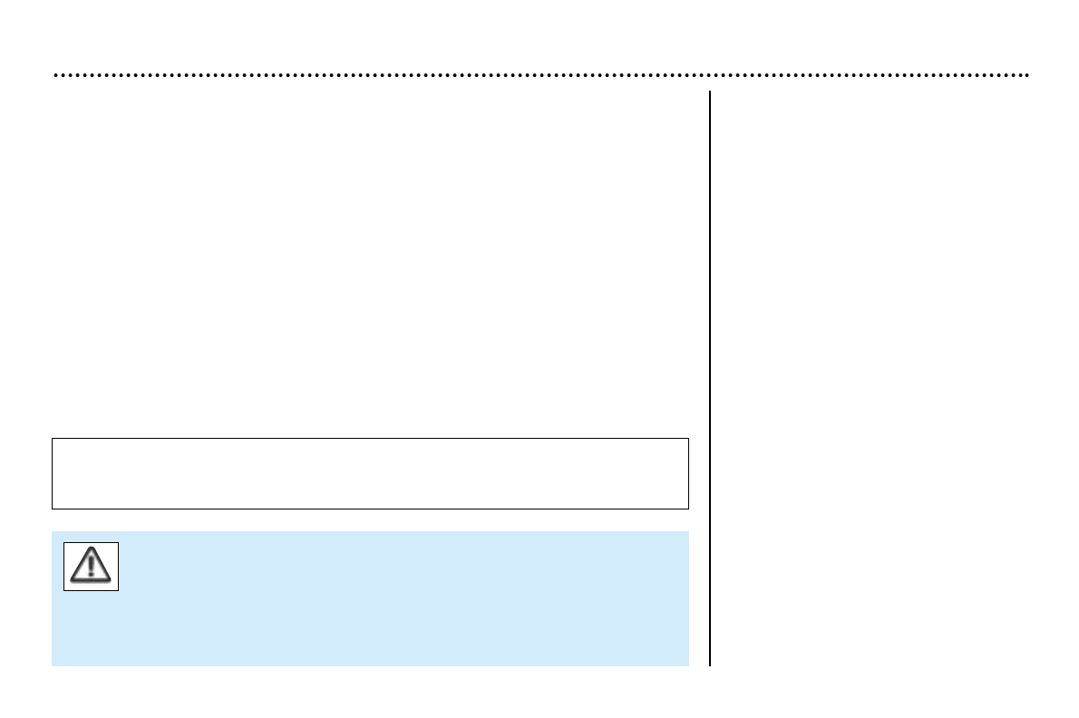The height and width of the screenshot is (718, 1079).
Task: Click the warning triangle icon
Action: coord(91,567)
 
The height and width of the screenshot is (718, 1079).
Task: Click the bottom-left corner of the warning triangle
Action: coord(73,579)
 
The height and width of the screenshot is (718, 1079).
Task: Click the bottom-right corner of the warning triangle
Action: coord(109,579)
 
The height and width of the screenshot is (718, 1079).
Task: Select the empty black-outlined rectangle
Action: coord(370,473)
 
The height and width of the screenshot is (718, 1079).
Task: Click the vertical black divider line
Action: coord(710,381)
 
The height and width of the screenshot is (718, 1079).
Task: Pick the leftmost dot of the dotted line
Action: coord(56,75)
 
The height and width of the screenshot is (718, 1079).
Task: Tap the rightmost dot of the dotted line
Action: coord(1026,75)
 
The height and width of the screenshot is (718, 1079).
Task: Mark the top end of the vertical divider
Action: coord(710,92)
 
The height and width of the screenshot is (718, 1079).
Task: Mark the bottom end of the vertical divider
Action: coord(710,665)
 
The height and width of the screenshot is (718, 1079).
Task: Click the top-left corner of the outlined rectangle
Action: coord(53,439)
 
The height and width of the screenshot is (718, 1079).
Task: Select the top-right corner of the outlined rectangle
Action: coord(688,439)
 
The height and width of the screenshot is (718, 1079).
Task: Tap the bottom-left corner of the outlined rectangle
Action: coord(53,509)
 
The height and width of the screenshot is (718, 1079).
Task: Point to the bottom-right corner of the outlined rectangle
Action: coord(688,509)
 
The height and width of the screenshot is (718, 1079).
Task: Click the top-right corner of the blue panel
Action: coord(688,532)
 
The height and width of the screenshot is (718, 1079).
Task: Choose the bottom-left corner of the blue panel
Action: coord(53,665)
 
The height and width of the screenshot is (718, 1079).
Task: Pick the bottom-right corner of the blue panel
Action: coord(688,665)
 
